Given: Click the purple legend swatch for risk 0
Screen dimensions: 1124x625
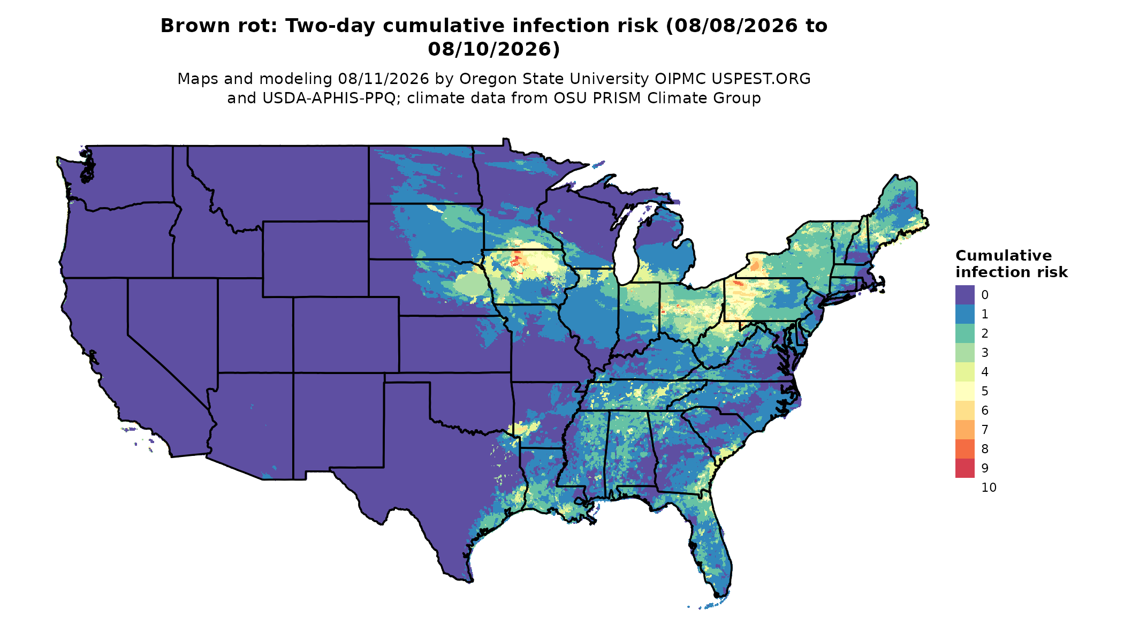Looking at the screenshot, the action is click(x=964, y=295).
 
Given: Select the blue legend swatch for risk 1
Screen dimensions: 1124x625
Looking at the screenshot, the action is click(x=964, y=314).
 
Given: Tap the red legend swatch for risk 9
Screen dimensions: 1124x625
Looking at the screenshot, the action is click(x=964, y=468).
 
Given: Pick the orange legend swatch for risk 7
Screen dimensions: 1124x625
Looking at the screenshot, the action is click(x=964, y=430).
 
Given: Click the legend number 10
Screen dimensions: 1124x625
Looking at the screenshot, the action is click(x=989, y=487).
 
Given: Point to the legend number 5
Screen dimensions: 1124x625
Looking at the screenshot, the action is click(x=985, y=391).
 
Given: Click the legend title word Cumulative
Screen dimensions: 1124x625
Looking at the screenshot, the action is click(x=1004, y=255).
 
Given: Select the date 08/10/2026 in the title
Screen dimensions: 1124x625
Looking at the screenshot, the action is click(x=493, y=49).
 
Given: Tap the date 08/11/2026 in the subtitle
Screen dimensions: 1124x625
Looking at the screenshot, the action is click(x=383, y=79).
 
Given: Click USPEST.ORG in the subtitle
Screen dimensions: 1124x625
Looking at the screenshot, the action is click(x=761, y=79).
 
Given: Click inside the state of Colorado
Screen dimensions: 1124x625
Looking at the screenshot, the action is click(x=346, y=334).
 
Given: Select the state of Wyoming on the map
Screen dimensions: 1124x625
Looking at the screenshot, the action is click(x=315, y=259).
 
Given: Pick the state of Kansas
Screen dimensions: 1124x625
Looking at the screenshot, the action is click(x=454, y=344).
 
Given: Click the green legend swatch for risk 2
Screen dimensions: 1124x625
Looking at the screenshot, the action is click(x=964, y=333).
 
